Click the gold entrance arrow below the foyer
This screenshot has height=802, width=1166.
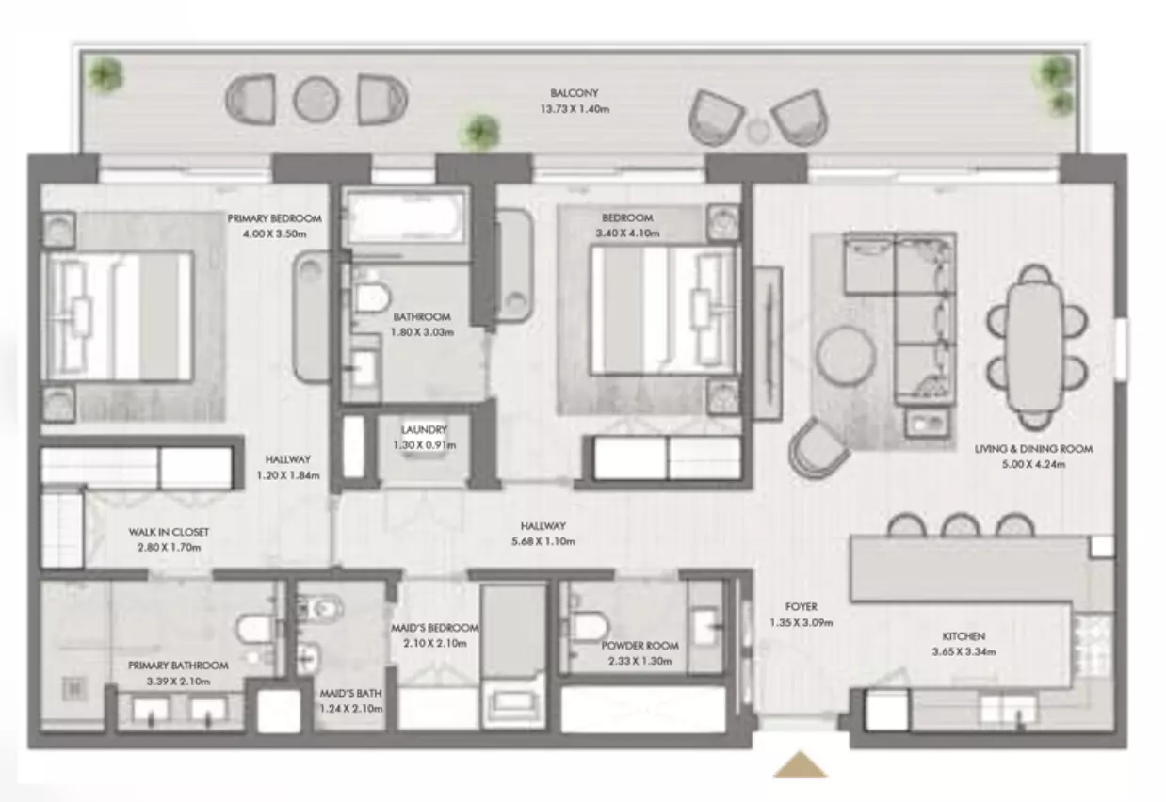[800, 764]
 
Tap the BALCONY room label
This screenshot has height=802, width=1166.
[575, 93]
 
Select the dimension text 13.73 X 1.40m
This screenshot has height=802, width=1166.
[575, 109]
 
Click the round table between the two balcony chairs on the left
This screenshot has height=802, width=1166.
[316, 100]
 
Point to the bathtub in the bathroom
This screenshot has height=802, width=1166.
[406, 217]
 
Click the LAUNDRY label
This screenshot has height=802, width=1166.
[424, 429]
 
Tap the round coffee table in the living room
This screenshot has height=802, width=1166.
[846, 355]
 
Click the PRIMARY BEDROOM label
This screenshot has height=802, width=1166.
[274, 218]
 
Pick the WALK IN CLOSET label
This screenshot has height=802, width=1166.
[169, 532]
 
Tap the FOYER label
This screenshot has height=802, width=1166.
[802, 606]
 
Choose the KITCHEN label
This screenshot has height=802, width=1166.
[964, 636]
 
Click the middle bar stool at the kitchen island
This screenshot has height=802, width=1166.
[961, 526]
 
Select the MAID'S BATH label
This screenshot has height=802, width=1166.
[350, 694]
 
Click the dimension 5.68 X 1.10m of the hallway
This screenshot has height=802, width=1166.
[543, 541]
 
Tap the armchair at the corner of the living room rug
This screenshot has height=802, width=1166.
[818, 447]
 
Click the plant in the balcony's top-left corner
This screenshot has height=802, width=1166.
[105, 74]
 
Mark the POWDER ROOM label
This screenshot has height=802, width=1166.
[640, 646]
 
